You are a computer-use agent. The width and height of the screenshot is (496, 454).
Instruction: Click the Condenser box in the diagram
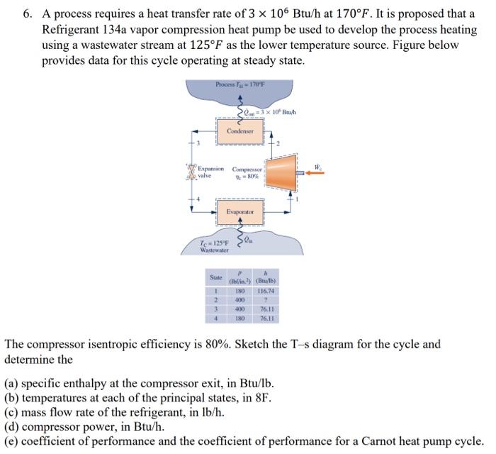tap(240, 131)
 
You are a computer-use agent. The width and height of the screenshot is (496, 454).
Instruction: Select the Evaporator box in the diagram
tap(240, 212)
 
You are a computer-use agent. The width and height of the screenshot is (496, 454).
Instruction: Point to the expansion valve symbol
tap(191, 172)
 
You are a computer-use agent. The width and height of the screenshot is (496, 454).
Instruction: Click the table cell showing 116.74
tap(265, 290)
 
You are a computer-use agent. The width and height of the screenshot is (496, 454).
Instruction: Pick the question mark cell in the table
tap(265, 300)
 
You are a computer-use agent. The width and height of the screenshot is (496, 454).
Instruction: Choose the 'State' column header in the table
tap(215, 277)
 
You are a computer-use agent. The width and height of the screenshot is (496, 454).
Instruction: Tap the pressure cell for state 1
tap(239, 290)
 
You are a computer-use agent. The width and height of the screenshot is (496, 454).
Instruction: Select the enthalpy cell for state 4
tap(265, 319)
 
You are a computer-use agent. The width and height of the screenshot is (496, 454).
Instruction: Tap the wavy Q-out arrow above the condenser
tap(240, 111)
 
